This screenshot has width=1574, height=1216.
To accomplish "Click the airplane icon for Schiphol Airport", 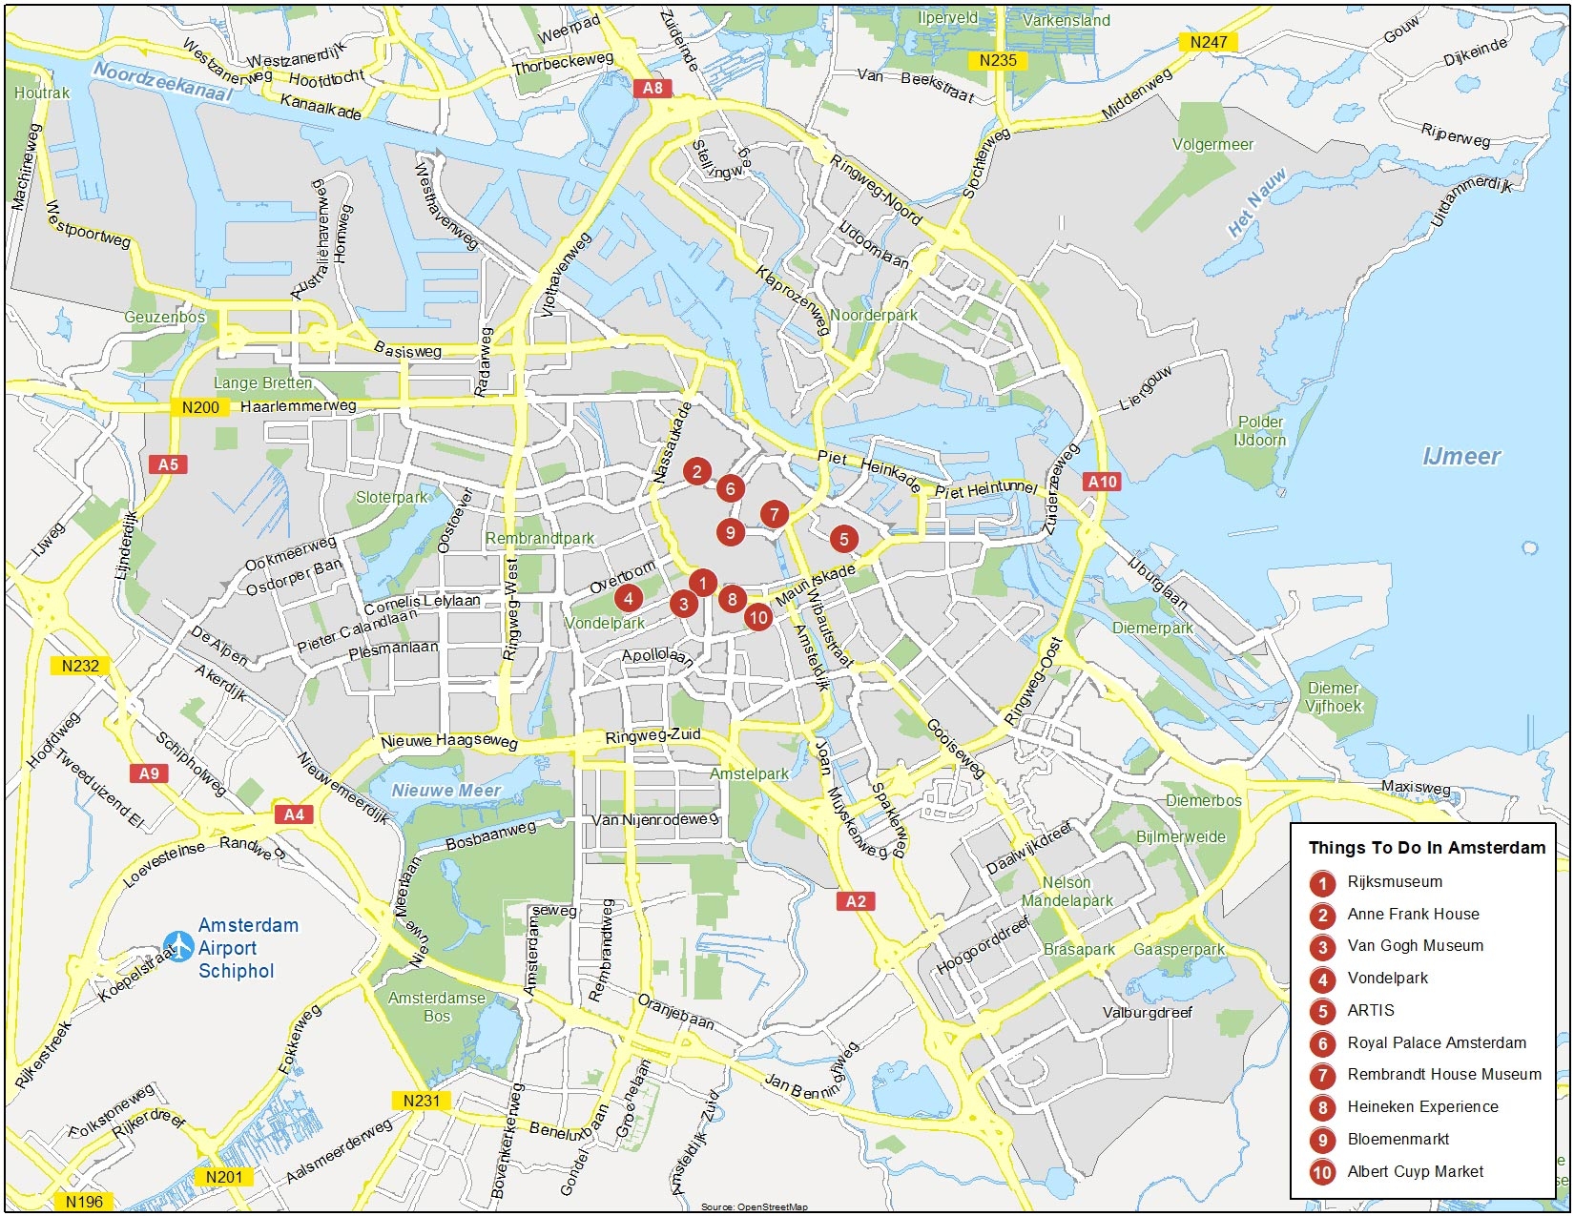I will pos(178,947).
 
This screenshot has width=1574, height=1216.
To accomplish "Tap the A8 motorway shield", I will pos(652,89).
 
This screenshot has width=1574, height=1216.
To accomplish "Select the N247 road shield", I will pos(1209,42).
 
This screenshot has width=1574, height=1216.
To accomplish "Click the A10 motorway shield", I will pos(1103,482).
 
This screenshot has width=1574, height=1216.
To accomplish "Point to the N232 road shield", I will pos(80,666).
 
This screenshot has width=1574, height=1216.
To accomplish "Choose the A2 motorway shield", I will pos(856,901).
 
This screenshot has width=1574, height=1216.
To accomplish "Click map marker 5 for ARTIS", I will pos(843,539).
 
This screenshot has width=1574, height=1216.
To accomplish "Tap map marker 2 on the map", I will pos(697,471).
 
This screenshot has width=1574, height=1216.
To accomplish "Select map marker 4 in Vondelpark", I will pos(629,598).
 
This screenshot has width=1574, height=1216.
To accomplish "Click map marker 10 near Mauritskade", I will pos(758,617).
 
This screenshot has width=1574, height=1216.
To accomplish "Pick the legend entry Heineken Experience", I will pos(1422,1107).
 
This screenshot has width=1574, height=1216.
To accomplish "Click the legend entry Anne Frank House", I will pos(1413,915).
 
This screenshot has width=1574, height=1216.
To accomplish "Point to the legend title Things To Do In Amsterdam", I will pos(1426,848).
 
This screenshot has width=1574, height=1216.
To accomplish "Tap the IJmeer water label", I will pos(1461,457).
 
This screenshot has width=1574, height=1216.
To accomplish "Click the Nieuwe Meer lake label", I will pos(446,791).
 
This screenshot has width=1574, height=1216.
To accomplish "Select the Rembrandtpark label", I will pos(540,539).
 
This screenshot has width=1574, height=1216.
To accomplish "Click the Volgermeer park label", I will pos(1212,145).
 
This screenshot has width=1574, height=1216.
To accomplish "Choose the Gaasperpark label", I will pos(1179,950).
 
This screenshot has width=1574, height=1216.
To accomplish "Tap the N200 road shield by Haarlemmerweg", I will pos(200,407).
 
